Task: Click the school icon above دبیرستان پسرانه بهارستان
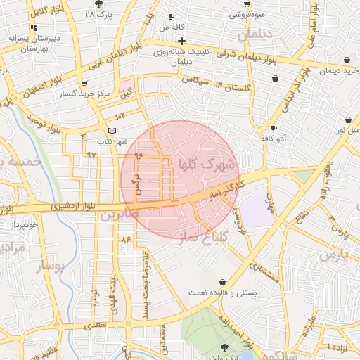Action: click(x=33, y=27)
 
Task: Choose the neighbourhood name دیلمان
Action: click(x=253, y=34)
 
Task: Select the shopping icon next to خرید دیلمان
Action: click(x=349, y=60)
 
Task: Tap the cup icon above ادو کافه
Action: click(x=274, y=128)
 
